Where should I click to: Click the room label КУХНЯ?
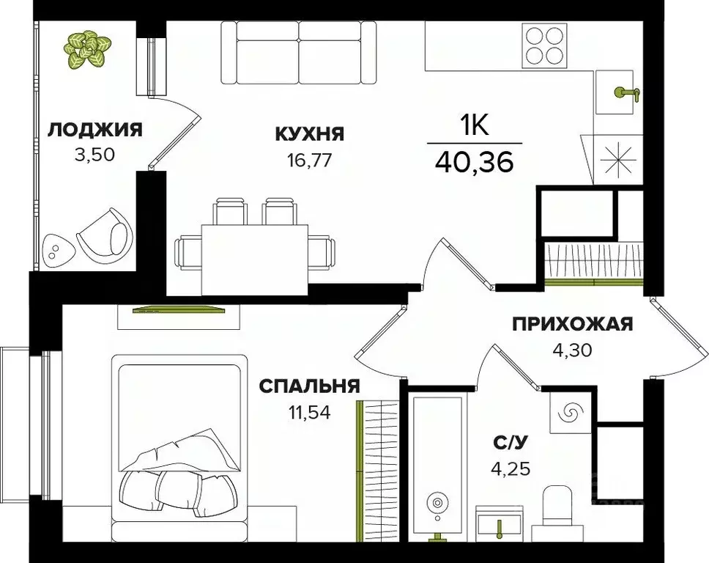(x=309, y=134)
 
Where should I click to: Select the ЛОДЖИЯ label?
(x=94, y=131)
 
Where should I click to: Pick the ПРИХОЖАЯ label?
(x=572, y=324)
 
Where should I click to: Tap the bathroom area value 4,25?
(x=510, y=468)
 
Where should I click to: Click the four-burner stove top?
(x=543, y=45)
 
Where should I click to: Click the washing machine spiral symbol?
(x=568, y=414)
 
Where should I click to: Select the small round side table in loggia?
(x=56, y=251)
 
